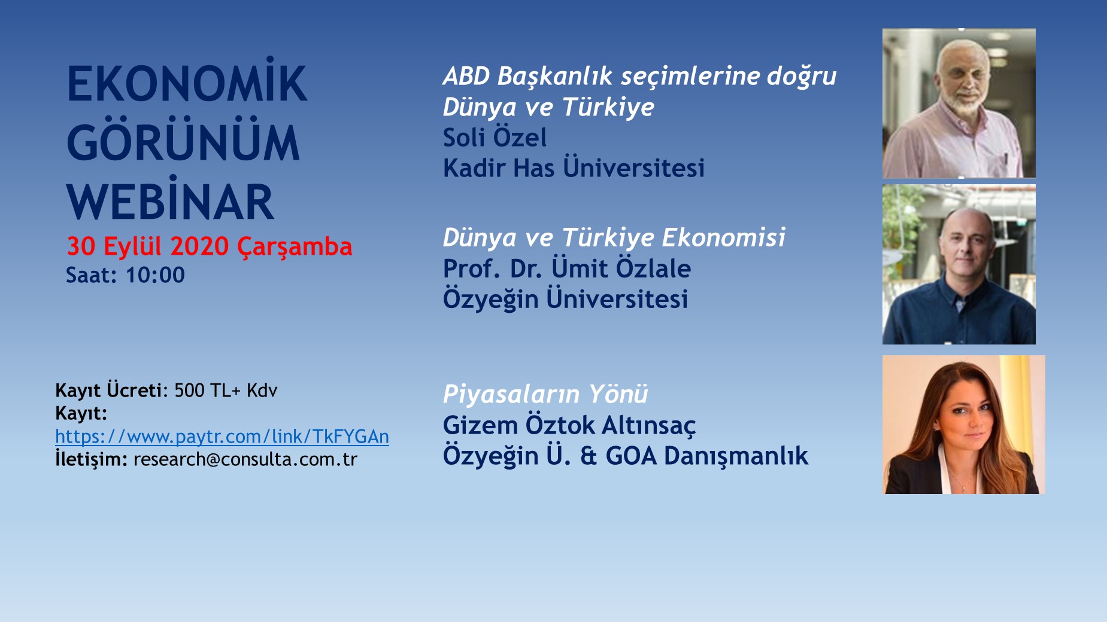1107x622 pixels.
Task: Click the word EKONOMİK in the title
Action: (x=187, y=81)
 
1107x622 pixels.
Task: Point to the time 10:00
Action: (x=155, y=275)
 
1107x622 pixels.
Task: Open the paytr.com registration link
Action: (x=222, y=437)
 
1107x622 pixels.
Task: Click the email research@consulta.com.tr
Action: (x=245, y=459)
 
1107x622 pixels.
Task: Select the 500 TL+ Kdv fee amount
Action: (x=226, y=391)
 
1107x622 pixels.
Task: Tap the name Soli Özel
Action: (x=495, y=138)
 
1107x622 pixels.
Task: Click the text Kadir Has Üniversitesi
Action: (x=574, y=168)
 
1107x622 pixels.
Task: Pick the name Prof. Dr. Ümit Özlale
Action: (x=567, y=268)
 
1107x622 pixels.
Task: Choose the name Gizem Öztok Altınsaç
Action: (x=569, y=425)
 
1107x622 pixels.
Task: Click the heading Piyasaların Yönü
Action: (x=545, y=394)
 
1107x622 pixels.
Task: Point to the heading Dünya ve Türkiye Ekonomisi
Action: (x=614, y=237)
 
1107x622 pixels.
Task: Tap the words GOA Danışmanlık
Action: (x=707, y=456)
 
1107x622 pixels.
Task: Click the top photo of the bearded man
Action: (x=959, y=103)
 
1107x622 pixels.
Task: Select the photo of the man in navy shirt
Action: (x=959, y=264)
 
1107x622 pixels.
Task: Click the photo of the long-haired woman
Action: (x=964, y=425)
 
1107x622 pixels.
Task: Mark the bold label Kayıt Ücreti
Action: (x=108, y=391)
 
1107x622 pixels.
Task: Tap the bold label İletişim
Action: (x=91, y=459)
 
